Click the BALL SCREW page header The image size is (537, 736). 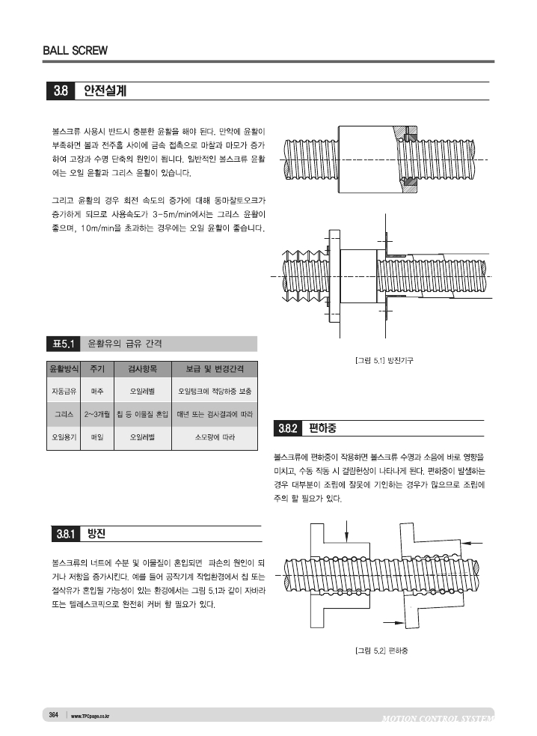75,51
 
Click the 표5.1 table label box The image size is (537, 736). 61,344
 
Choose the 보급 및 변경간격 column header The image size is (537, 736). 215,369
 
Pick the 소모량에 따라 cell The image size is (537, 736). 215,436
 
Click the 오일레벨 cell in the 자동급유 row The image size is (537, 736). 142,391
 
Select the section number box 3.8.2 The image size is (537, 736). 289,429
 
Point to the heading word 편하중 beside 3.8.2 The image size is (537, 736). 323,429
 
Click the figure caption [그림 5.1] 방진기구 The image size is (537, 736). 384,361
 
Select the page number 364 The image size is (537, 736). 54,715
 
